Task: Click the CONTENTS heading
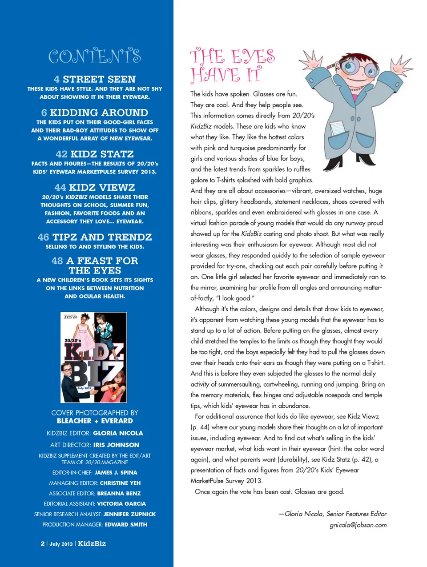click(94, 56)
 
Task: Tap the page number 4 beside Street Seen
click(56, 79)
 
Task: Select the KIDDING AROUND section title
click(99, 113)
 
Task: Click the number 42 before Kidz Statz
click(61, 154)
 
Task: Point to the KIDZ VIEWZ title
click(102, 187)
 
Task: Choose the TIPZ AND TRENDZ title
click(102, 237)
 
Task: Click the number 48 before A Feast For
click(57, 261)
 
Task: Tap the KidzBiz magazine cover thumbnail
click(94, 357)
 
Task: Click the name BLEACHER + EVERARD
click(95, 421)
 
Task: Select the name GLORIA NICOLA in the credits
click(118, 433)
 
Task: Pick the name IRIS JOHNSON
click(116, 445)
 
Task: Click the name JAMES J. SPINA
click(116, 472)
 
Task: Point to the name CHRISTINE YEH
click(120, 483)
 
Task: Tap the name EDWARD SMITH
click(126, 524)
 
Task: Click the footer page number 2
click(43, 543)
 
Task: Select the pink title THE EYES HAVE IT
click(232, 66)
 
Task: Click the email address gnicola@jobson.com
click(358, 525)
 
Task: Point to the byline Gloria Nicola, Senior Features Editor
click(333, 514)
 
